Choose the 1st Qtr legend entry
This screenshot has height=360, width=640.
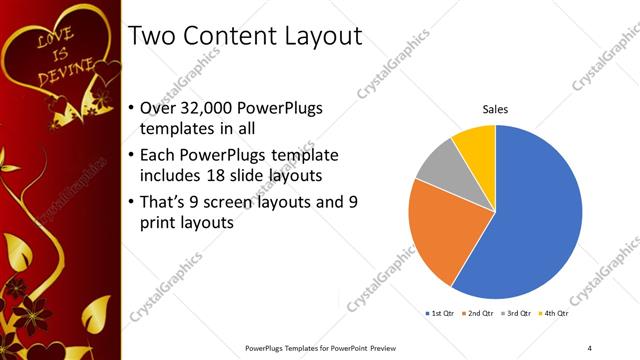pos(440,314)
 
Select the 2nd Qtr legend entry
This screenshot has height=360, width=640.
pos(479,314)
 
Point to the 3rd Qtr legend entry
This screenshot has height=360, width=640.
pos(516,314)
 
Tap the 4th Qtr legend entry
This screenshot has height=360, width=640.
pos(554,314)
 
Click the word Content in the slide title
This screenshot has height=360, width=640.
pos(228,38)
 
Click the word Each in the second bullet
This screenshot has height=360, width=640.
pos(163,155)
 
